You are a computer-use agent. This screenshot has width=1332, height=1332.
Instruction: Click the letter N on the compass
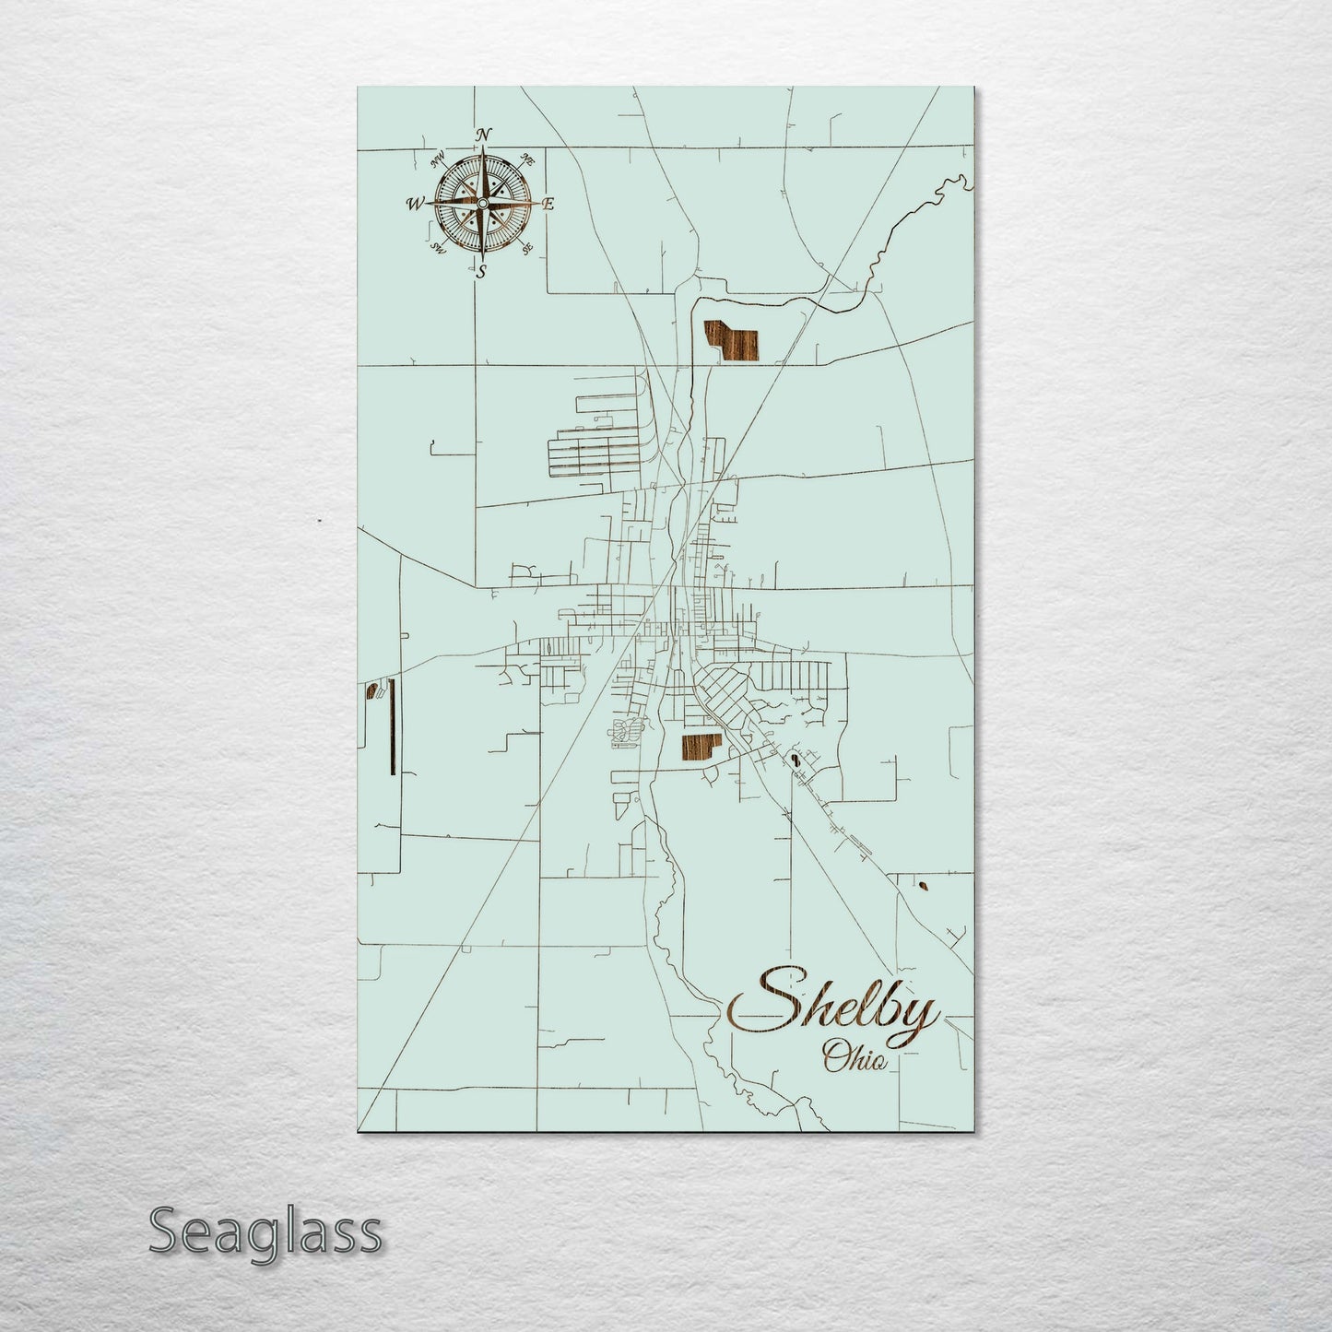[x=482, y=135]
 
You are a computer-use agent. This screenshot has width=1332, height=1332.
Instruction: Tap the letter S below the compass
[x=480, y=270]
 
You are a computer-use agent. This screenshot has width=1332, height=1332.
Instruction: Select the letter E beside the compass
[x=547, y=205]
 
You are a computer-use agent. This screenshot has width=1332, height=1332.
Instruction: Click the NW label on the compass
[x=437, y=163]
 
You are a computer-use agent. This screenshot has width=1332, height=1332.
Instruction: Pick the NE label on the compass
[x=528, y=159]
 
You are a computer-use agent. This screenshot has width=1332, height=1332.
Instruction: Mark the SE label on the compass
[x=526, y=247]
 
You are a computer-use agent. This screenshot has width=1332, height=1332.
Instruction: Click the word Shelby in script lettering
[x=834, y=1007]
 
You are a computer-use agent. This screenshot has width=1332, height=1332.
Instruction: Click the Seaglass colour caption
[x=265, y=1232]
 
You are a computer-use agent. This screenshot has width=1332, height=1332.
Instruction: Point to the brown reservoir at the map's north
[x=732, y=342]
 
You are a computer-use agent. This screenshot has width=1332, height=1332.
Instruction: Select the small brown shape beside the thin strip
[x=373, y=691]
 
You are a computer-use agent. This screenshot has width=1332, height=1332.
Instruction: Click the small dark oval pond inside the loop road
[x=793, y=760]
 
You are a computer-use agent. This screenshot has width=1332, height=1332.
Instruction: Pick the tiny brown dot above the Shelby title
[x=924, y=887]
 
